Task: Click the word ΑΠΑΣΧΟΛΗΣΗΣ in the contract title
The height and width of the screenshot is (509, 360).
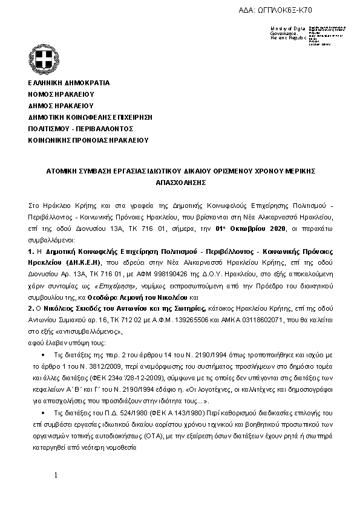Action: [180, 182]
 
